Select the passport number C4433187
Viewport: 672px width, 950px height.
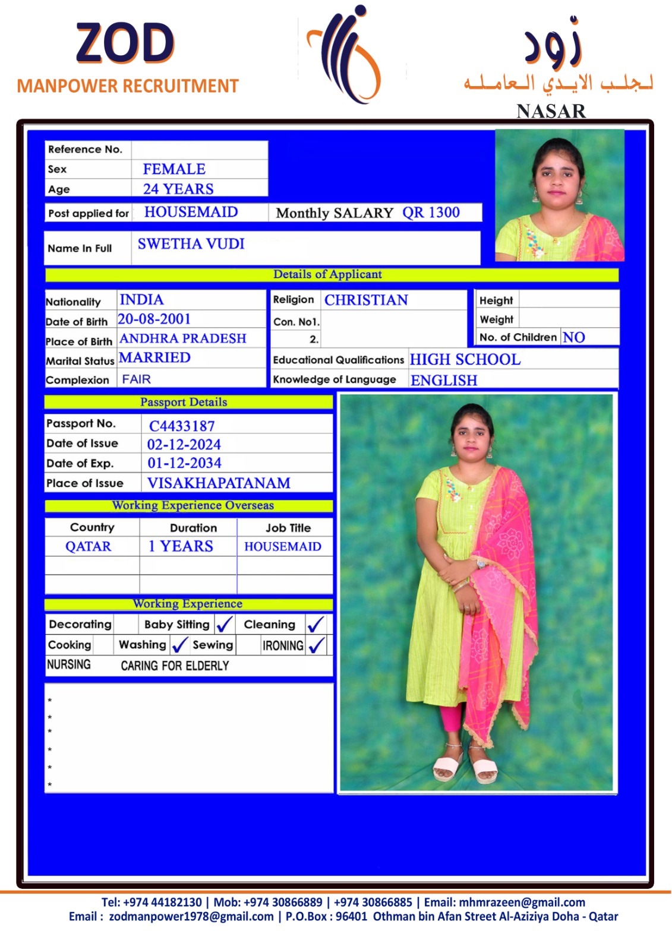pos(182,426)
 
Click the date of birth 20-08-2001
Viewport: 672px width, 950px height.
pos(154,319)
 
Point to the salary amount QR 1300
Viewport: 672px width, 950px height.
pos(431,213)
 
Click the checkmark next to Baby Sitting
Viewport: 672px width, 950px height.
pos(225,624)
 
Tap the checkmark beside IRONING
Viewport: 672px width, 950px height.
pos(317,645)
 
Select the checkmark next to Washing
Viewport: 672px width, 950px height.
pos(179,645)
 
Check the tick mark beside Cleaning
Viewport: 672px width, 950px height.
pos(316,624)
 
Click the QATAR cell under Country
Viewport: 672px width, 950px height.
pos(89,546)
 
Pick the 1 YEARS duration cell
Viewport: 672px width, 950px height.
pos(181,546)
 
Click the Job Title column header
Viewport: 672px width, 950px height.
pos(288,527)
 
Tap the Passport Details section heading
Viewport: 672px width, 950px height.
pos(184,402)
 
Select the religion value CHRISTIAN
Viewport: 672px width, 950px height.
pos(366,300)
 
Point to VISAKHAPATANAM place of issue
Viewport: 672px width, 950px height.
pos(219,483)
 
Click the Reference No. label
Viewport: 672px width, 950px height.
pos(85,150)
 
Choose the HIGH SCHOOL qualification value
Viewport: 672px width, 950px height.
pos(465,360)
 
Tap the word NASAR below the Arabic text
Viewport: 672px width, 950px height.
pos(551,111)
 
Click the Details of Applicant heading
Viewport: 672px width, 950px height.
pos(327,274)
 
